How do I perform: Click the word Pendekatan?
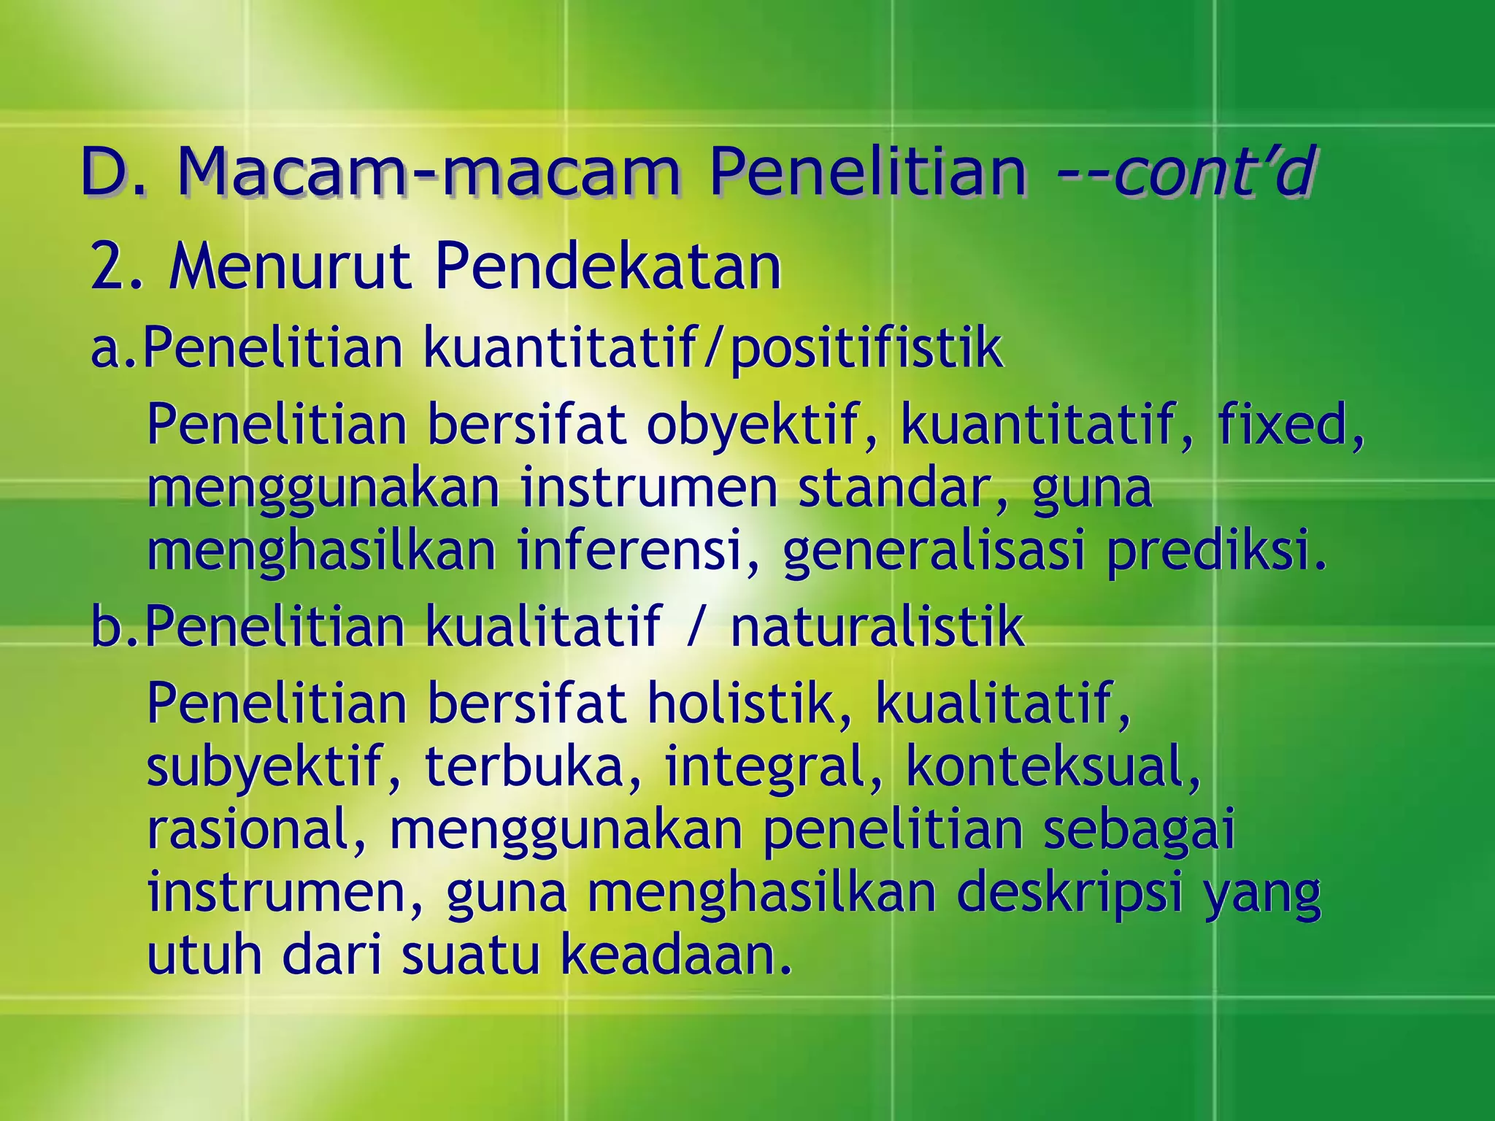click(x=607, y=267)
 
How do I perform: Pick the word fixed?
click(x=1289, y=424)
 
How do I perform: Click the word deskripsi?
click(x=1069, y=893)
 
